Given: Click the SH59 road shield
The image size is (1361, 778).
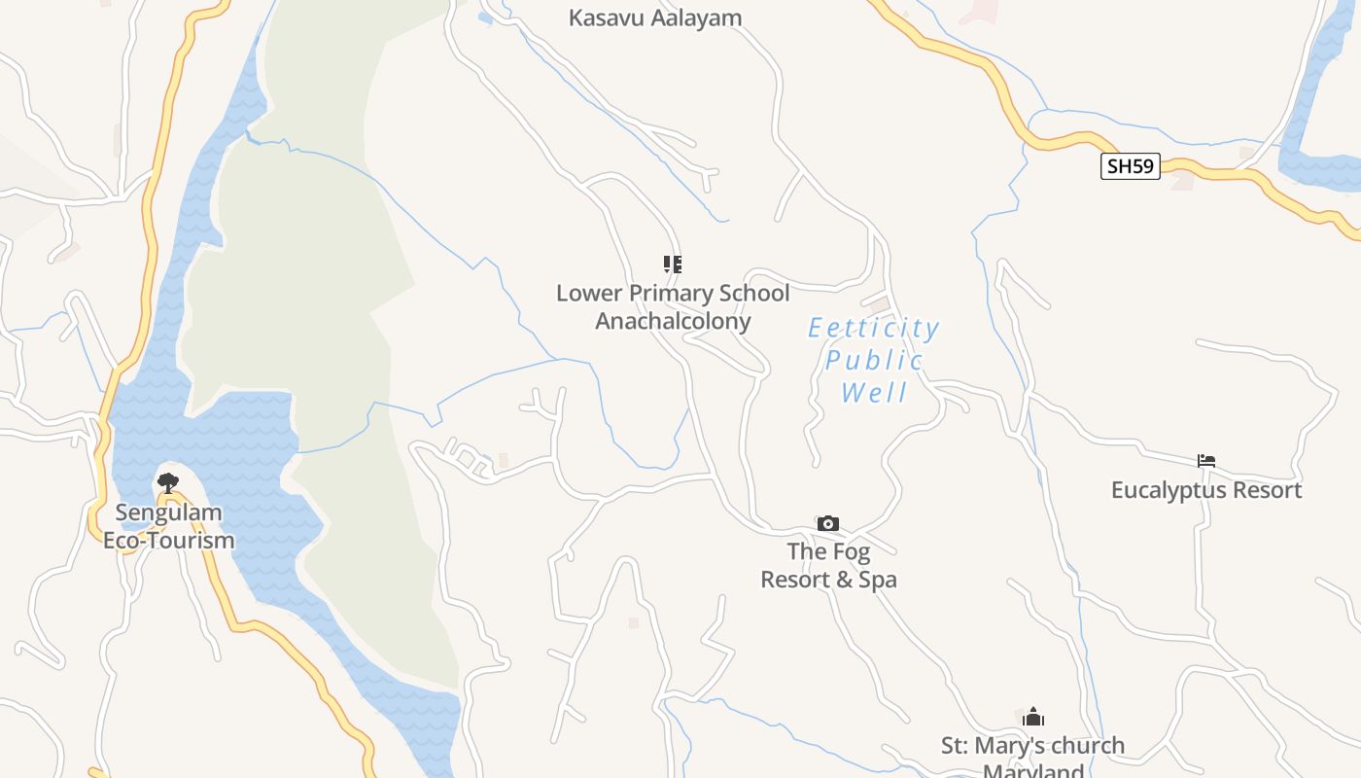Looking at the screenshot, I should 1131,166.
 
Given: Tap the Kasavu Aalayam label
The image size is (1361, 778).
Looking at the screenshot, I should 655,18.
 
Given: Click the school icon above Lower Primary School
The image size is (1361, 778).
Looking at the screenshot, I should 673,265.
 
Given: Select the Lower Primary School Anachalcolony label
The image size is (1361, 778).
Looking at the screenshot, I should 673,306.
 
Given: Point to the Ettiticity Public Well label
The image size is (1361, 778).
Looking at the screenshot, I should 874,360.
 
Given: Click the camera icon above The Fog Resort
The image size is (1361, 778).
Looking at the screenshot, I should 828,524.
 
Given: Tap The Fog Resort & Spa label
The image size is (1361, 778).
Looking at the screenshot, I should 828,565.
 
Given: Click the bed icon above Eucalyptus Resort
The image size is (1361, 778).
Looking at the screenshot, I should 1206,461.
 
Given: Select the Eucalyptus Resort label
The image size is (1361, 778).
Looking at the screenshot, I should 1206,490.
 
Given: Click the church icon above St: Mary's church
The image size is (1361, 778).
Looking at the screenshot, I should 1033,718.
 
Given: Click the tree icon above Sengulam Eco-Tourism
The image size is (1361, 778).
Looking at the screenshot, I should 168,482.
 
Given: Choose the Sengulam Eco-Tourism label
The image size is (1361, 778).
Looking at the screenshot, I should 169,526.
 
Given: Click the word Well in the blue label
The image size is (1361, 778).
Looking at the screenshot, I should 874,393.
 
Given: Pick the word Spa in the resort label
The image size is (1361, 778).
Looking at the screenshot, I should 875,580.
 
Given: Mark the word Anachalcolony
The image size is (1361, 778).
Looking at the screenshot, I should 673,321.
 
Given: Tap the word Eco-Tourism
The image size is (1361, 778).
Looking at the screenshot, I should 169,541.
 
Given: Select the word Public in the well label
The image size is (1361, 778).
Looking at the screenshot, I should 874,361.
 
